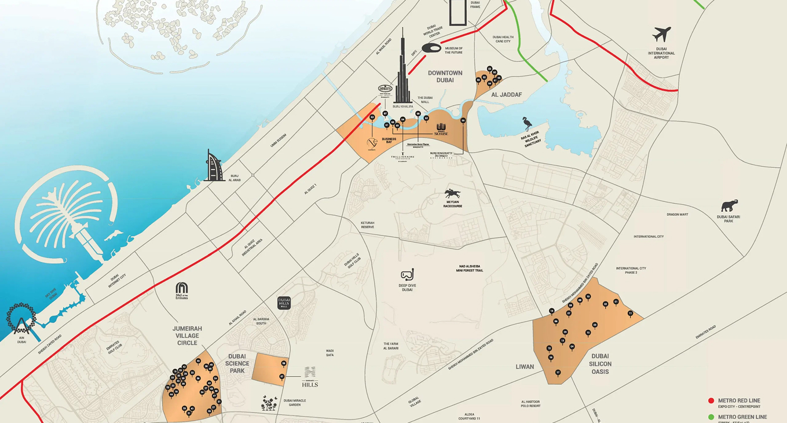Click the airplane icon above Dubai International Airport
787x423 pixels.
point(662,34)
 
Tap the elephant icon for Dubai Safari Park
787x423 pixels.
point(729,206)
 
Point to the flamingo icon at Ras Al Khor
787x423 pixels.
point(527,124)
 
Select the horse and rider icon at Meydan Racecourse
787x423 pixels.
point(452,194)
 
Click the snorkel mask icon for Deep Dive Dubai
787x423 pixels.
point(407,274)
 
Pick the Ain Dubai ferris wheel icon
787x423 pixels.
point(21,319)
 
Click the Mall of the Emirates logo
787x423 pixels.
point(182,288)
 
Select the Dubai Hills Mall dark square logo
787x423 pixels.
point(284,303)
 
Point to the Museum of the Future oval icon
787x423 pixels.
point(431,48)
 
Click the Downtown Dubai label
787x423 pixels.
point(445,76)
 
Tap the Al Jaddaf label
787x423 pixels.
point(507,94)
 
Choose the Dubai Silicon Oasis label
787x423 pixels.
point(600,363)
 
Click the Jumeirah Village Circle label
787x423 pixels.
point(187,336)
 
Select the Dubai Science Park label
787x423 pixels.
point(237,363)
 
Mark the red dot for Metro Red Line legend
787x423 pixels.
point(711,400)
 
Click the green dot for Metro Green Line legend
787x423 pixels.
point(711,417)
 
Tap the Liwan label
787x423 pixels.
point(525,367)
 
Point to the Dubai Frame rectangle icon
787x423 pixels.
point(457,12)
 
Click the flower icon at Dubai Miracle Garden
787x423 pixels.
point(269,403)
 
